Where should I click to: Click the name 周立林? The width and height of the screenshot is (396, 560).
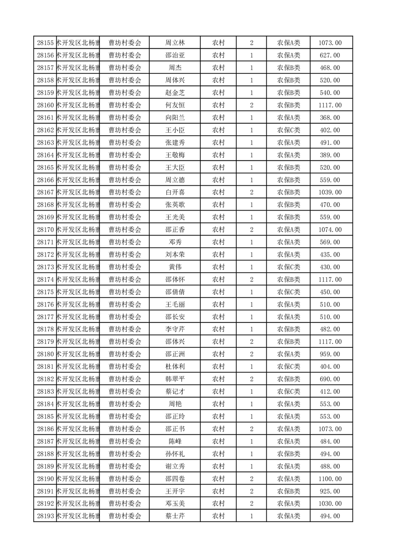(175, 43)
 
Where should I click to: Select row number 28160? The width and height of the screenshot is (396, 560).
(45, 105)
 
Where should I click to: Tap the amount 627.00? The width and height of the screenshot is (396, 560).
(330, 55)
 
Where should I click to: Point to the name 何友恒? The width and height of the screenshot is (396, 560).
(175, 105)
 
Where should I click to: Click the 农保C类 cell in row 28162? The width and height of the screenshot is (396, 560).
(289, 130)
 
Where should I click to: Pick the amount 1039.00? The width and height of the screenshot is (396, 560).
(330, 192)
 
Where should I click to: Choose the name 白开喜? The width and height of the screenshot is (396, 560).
(175, 192)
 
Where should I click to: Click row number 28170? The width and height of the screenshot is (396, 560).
(45, 230)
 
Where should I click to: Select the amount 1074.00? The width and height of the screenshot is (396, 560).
(330, 230)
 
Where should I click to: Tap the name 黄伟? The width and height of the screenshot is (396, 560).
(175, 267)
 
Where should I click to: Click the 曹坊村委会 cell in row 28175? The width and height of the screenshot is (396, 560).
(125, 292)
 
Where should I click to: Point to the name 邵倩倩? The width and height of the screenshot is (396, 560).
(175, 292)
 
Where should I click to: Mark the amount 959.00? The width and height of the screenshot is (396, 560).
(330, 354)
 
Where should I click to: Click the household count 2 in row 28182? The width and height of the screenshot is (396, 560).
(251, 379)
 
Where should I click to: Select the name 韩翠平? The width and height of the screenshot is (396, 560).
(175, 379)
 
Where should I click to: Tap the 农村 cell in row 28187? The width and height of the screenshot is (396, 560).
(218, 441)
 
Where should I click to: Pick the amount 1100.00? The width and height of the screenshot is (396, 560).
(330, 479)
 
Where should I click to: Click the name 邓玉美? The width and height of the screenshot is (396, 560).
(175, 504)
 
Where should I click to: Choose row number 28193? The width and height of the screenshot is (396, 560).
(45, 516)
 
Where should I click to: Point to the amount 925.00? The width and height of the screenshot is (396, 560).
(330, 491)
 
